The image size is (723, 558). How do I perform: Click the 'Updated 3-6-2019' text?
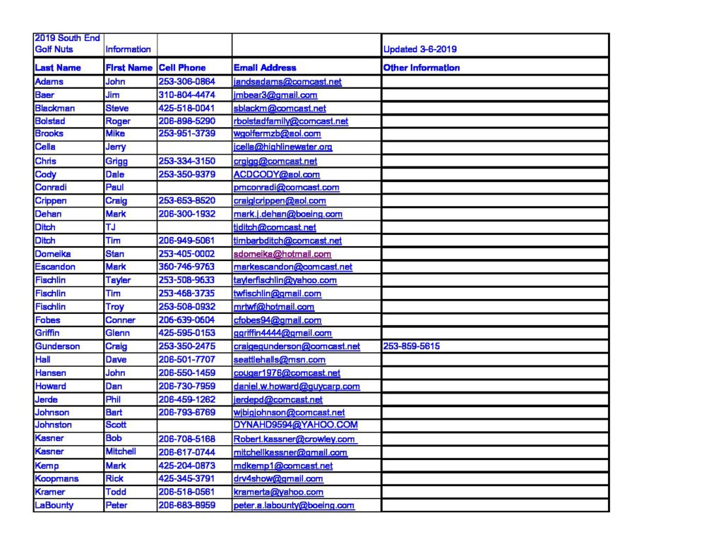click(x=419, y=49)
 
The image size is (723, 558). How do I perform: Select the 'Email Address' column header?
click(x=265, y=68)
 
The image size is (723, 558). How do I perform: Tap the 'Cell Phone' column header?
click(x=182, y=68)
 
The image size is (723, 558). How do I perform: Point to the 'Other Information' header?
click(x=422, y=68)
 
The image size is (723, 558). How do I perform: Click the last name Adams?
click(x=49, y=82)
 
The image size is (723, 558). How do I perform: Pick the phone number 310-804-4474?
click(x=186, y=95)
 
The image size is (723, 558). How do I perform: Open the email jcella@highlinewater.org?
click(x=282, y=147)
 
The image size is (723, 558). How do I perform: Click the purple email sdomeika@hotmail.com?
click(x=282, y=254)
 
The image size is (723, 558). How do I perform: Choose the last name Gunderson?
click(x=57, y=346)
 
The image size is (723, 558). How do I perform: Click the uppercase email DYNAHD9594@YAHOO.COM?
click(x=295, y=425)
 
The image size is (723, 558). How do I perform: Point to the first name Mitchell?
click(x=121, y=451)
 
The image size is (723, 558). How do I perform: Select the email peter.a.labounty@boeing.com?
click(x=294, y=505)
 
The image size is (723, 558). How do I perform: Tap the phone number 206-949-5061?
click(x=186, y=241)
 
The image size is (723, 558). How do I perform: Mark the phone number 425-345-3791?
click(x=186, y=478)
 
